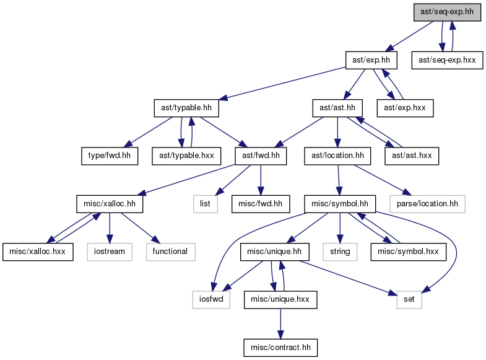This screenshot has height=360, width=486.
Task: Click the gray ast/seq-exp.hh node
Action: pos(447,12)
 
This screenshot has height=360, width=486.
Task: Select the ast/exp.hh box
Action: pos(371,60)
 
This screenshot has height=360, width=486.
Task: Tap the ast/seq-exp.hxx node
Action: pos(447,60)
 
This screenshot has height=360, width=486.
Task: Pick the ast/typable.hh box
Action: pos(186,108)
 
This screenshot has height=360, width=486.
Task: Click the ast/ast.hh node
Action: pos(337,108)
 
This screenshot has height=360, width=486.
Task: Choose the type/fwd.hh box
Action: pos(110,156)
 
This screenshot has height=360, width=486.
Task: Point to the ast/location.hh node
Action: pos(337,156)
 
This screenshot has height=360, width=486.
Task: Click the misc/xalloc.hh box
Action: pos(110,204)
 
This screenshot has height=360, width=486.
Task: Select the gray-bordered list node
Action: pos(205,204)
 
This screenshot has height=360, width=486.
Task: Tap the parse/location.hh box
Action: pos(427,204)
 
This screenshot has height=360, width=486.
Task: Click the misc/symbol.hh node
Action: pos(340,204)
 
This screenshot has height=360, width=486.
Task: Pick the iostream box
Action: pos(110,252)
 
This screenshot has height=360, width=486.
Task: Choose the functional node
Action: pos(170,252)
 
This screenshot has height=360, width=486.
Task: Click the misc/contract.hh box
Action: pos(280,348)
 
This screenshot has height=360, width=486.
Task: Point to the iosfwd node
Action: pos(211,299)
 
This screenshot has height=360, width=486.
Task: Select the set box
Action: pos(409,299)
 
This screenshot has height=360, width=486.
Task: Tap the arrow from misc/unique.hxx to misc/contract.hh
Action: pos(280,323)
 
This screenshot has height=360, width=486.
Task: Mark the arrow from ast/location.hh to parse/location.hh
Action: pos(383,180)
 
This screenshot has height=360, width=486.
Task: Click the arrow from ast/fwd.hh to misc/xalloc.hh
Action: pos(186,180)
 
